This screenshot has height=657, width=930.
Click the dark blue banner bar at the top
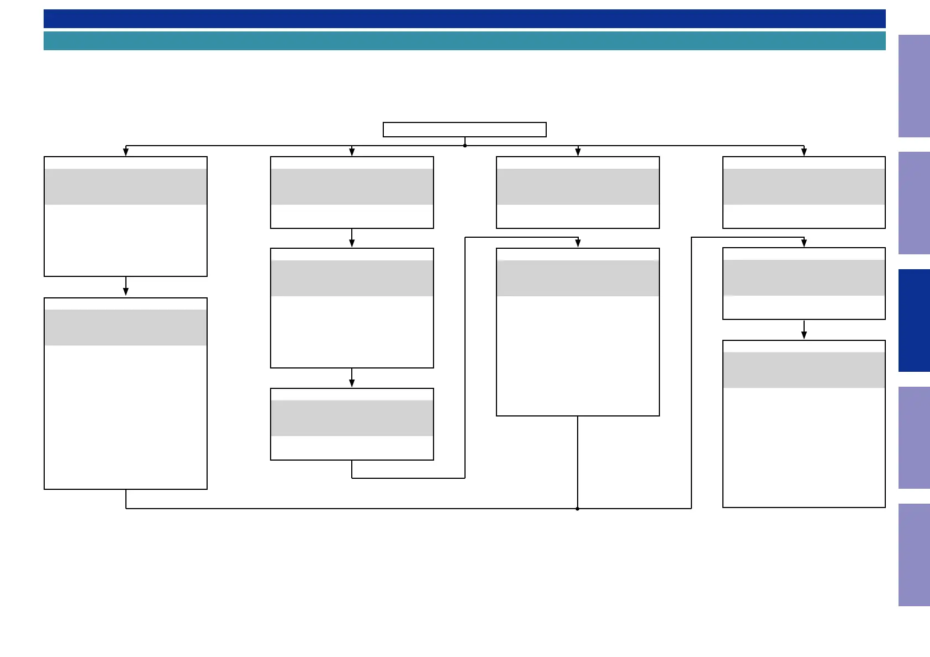[x=464, y=19]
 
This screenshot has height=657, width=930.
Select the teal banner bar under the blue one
[x=464, y=41]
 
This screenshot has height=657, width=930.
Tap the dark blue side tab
[x=913, y=321]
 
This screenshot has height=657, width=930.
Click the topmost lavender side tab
[x=913, y=86]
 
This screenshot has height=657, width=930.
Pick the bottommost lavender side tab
[x=913, y=555]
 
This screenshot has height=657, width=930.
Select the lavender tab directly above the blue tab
[x=913, y=203]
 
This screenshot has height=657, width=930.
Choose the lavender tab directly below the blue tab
[x=913, y=437]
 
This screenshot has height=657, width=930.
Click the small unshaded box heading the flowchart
[x=464, y=130]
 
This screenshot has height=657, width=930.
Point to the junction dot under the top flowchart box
[x=465, y=146]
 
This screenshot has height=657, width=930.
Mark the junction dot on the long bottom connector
[x=578, y=509]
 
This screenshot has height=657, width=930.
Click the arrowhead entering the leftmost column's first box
[x=126, y=152]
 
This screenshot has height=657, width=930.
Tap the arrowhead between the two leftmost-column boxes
[x=126, y=291]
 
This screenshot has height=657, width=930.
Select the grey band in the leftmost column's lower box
[x=126, y=328]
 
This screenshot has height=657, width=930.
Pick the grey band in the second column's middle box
[x=352, y=278]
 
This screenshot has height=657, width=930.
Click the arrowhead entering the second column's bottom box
[x=352, y=383]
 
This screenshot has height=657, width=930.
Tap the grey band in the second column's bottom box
[x=352, y=418]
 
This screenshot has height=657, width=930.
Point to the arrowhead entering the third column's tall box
[x=578, y=243]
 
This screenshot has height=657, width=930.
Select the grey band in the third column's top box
[x=578, y=186]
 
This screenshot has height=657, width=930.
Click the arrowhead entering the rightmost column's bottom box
[x=804, y=335]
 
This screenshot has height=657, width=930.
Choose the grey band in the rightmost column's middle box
[x=804, y=277]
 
